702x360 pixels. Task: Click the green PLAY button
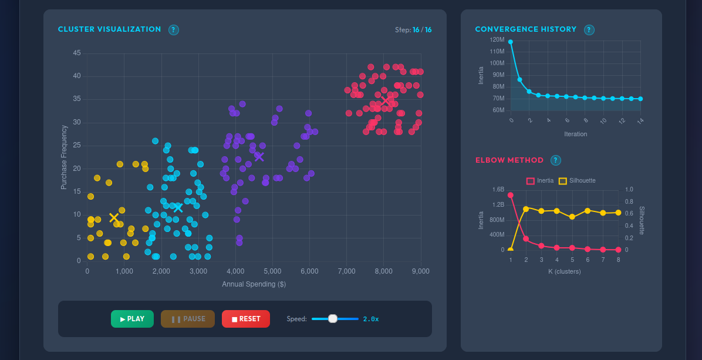point(132,319)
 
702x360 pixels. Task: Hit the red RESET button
point(245,319)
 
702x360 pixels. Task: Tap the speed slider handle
point(333,319)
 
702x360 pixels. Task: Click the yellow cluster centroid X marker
point(114,218)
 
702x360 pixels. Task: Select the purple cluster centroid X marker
point(259,157)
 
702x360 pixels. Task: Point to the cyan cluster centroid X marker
point(178,207)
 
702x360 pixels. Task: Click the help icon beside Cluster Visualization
point(174,30)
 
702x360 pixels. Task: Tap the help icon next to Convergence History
point(589,30)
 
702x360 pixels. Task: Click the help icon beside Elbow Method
point(556,160)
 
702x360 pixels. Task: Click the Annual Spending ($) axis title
point(254,284)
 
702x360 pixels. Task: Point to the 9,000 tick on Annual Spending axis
point(420,271)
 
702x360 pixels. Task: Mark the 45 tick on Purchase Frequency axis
point(77,53)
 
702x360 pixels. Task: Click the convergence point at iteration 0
point(511,42)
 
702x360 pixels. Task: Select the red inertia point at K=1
point(511,195)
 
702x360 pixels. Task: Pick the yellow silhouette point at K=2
point(526,208)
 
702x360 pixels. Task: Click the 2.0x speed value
point(371,319)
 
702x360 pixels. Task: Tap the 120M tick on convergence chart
point(497,40)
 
